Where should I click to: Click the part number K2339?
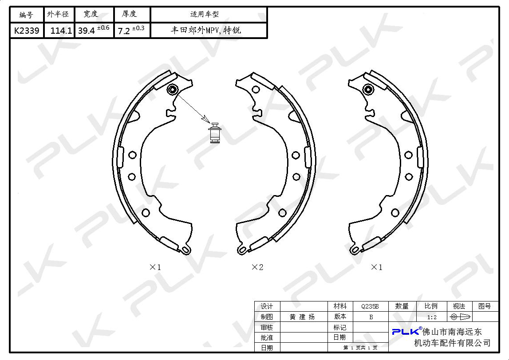click(27, 31)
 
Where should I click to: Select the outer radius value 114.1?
click(61, 31)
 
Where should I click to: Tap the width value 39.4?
click(87, 31)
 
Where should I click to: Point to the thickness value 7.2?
click(124, 31)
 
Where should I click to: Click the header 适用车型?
click(205, 14)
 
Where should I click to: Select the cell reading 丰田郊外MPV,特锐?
click(206, 31)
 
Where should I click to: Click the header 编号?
click(26, 15)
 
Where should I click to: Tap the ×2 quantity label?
click(257, 267)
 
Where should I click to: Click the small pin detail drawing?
click(215, 133)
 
